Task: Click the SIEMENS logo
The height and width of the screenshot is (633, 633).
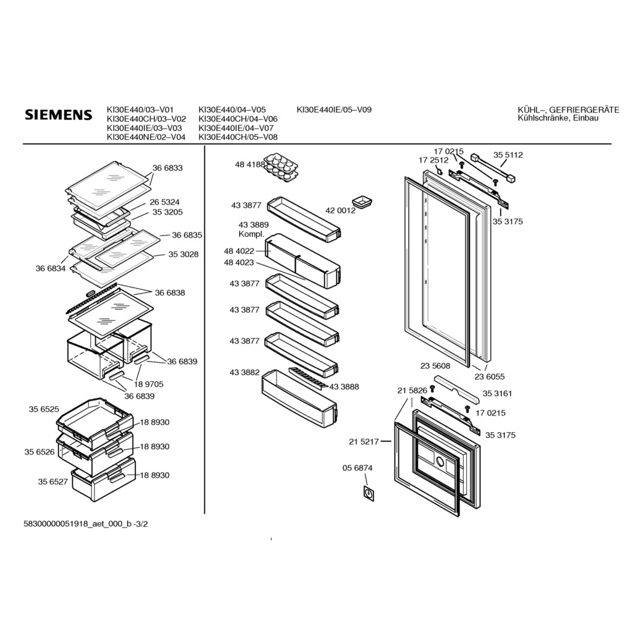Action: [59, 114]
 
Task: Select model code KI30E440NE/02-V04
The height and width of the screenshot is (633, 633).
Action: [146, 137]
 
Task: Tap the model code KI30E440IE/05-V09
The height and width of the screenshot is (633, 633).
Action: [334, 109]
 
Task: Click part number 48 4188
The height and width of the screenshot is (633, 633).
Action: [250, 164]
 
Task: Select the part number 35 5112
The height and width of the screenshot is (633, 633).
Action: [508, 155]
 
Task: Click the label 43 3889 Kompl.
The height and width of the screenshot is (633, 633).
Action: [253, 229]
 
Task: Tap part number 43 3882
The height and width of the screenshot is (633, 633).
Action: [245, 372]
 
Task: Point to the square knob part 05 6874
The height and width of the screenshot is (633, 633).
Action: [369, 493]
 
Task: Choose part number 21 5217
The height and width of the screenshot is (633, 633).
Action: [363, 441]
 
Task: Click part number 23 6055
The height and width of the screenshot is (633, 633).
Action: [490, 376]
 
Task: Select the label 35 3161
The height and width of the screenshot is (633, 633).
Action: [498, 393]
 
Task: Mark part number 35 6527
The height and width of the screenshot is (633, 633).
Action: [53, 482]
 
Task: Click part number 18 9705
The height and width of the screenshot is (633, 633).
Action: [148, 384]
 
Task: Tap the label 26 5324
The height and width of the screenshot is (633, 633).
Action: [164, 202]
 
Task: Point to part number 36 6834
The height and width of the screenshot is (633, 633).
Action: [51, 268]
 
